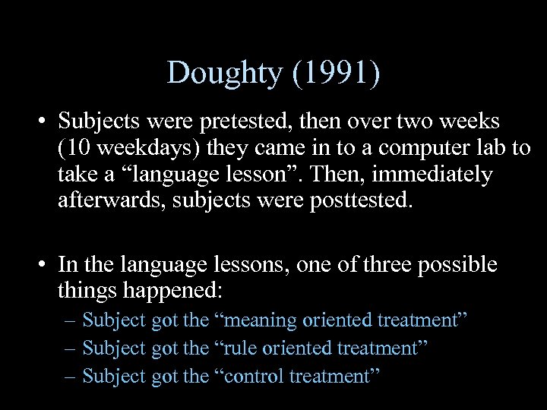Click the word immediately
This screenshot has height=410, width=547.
[x=432, y=175]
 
